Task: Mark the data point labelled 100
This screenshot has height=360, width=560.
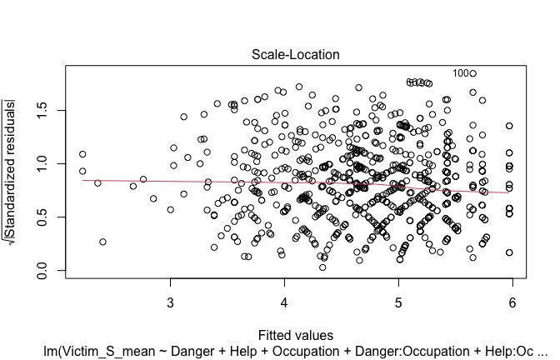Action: click(x=472, y=73)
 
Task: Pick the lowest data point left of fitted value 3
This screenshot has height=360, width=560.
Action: click(x=102, y=242)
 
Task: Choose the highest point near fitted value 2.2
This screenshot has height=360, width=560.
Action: click(x=82, y=154)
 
